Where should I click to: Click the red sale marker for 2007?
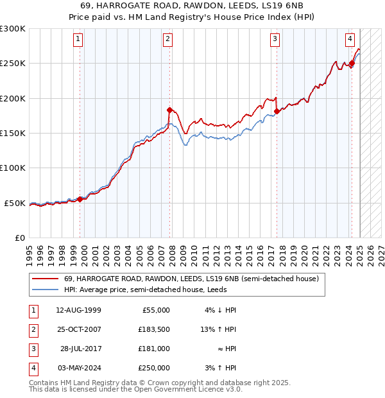(x=169, y=110)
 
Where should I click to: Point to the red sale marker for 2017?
(x=277, y=111)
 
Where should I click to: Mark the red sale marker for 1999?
(x=80, y=199)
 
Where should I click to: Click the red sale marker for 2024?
(x=352, y=64)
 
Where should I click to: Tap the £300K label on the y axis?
(x=13, y=29)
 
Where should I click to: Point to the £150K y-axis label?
(x=13, y=134)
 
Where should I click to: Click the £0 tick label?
(x=20, y=238)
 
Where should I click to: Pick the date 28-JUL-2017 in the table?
(x=79, y=349)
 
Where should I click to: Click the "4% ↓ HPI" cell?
(x=218, y=310)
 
